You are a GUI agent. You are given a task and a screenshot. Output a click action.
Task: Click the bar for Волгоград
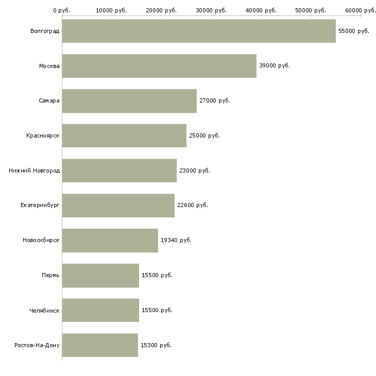pos(199,31)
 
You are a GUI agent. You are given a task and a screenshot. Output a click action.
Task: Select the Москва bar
pos(159,66)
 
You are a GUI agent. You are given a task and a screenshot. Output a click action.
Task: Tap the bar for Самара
pos(129,101)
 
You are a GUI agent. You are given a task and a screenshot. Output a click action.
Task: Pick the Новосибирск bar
pos(110,241)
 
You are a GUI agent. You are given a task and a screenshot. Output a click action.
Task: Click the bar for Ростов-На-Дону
pos(100,345)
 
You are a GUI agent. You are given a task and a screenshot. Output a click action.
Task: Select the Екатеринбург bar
pos(118,206)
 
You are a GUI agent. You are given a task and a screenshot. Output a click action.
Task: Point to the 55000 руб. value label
pos(354,31)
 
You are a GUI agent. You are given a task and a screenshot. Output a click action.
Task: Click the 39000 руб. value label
pos(275,66)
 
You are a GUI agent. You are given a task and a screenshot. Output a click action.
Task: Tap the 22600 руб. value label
pos(193,206)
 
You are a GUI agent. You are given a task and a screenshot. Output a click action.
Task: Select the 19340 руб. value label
pos(176,240)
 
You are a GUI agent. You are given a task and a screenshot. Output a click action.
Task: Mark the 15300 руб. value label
pos(156,345)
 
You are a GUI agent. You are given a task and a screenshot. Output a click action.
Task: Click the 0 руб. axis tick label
pos(62,10)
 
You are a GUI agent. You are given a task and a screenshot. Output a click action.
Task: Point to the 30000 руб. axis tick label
pos(211,10)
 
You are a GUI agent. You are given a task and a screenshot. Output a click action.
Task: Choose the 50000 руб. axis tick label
pos(311,10)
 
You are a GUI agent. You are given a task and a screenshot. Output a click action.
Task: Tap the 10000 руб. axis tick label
pos(111,10)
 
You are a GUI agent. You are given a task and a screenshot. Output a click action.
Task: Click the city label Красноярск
pos(43,136)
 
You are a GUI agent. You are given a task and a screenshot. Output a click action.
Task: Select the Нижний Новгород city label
pos(34,170)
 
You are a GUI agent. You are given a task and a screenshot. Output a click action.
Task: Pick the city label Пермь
pos(50,275)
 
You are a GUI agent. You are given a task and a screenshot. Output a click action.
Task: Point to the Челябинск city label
pos(44,311)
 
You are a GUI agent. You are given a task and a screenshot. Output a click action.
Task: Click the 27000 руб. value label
pos(215,101)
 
